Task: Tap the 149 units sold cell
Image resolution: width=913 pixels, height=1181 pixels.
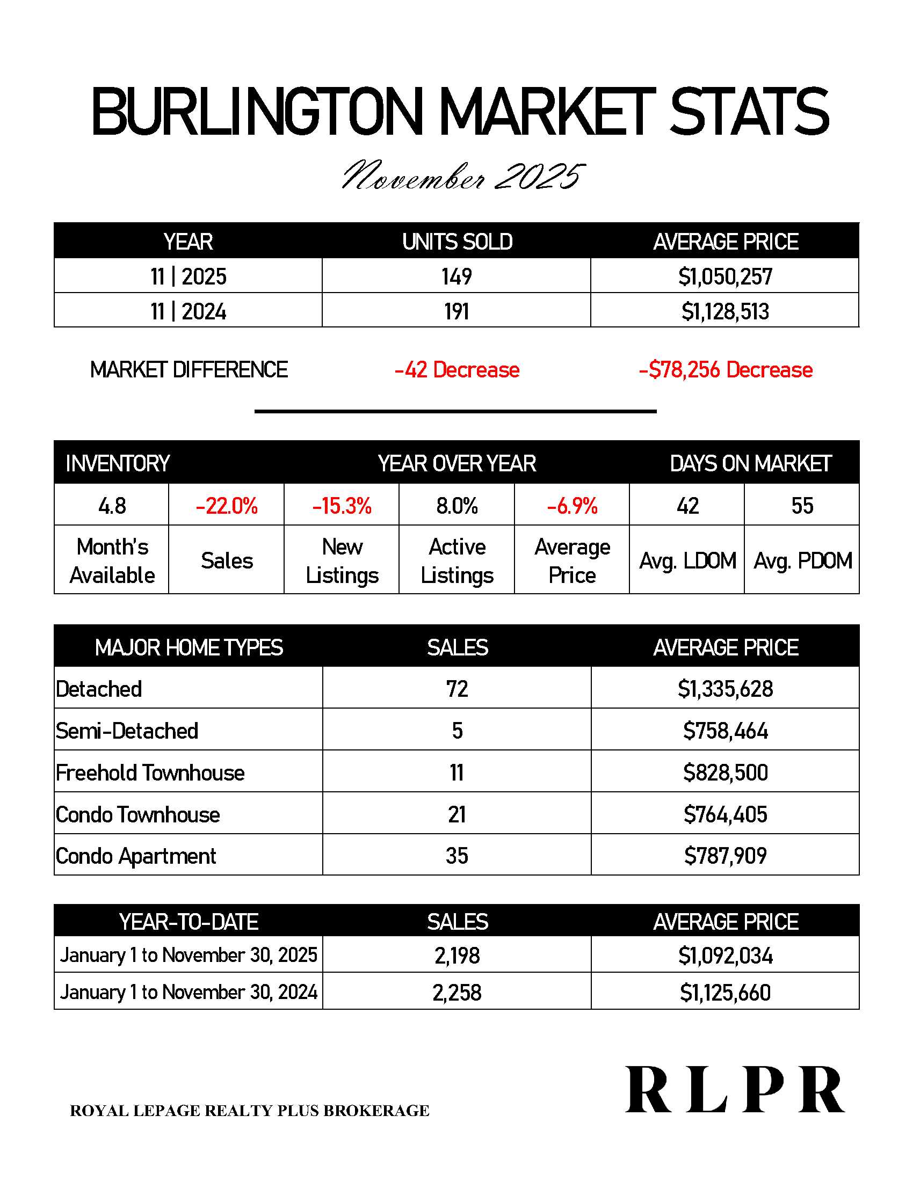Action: pos(457,276)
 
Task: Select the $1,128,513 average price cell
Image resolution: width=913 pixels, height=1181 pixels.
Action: pos(725,311)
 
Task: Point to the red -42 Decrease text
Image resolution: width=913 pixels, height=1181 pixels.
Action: pos(457,370)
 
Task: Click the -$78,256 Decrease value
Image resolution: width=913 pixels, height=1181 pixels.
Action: pos(726,370)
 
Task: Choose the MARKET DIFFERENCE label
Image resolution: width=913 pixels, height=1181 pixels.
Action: pos(189,370)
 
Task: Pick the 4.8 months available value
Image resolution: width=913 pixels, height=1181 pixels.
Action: pos(112,506)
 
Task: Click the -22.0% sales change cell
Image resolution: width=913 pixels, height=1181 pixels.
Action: pos(227,506)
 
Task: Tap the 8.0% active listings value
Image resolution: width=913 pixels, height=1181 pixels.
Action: pos(457,506)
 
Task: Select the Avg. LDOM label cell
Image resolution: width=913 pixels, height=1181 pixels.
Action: pos(687,561)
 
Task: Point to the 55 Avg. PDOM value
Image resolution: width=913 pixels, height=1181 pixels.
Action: pos(802,506)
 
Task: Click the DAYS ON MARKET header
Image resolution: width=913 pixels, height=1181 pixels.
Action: pos(750,463)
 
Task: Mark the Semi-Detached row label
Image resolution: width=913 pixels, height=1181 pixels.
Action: pos(127,731)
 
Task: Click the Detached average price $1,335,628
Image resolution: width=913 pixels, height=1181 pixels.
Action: pos(726,689)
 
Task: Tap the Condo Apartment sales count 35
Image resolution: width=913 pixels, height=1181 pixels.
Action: pos(457,856)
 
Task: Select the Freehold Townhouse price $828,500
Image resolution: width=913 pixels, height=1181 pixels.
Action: pos(726,772)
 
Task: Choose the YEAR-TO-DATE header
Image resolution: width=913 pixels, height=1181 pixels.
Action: pos(189,922)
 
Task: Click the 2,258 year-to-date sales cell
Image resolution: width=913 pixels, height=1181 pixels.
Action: pos(457,992)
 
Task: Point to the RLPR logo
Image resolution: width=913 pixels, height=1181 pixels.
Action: pos(735,1091)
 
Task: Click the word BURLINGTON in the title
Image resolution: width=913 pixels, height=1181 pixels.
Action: pos(256,112)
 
